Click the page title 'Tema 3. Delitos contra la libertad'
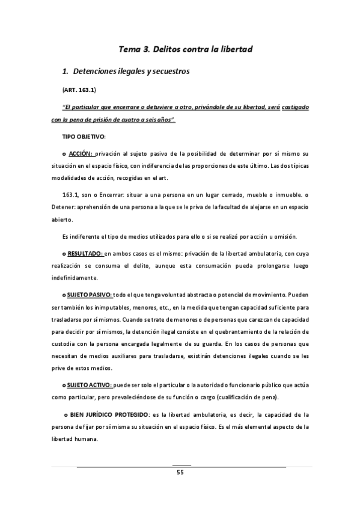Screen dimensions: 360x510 pyautogui.click(x=180, y=48)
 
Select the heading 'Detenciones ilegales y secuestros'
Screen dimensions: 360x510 pyautogui.click(x=131, y=72)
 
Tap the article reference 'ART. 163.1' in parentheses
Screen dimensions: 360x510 pyautogui.click(x=79, y=90)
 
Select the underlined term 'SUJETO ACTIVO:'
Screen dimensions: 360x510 pyautogui.click(x=90, y=385)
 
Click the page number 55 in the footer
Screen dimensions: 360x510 pyautogui.click(x=180, y=473)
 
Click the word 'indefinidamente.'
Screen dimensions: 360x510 pyautogui.click(x=78, y=278)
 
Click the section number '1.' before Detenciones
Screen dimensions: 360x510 pyautogui.click(x=66, y=72)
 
